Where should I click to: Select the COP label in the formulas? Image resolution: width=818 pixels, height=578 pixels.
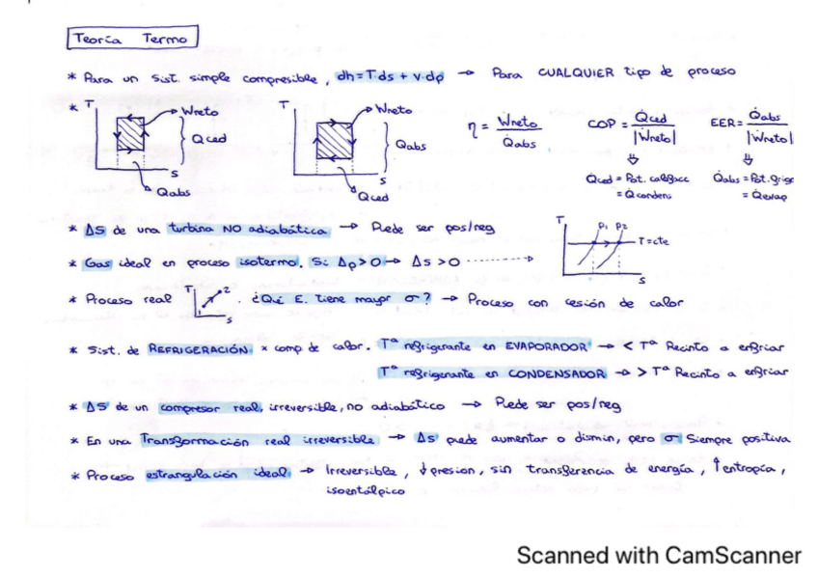pos(600,125)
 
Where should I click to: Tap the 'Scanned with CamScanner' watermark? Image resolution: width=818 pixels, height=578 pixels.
pos(659,555)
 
